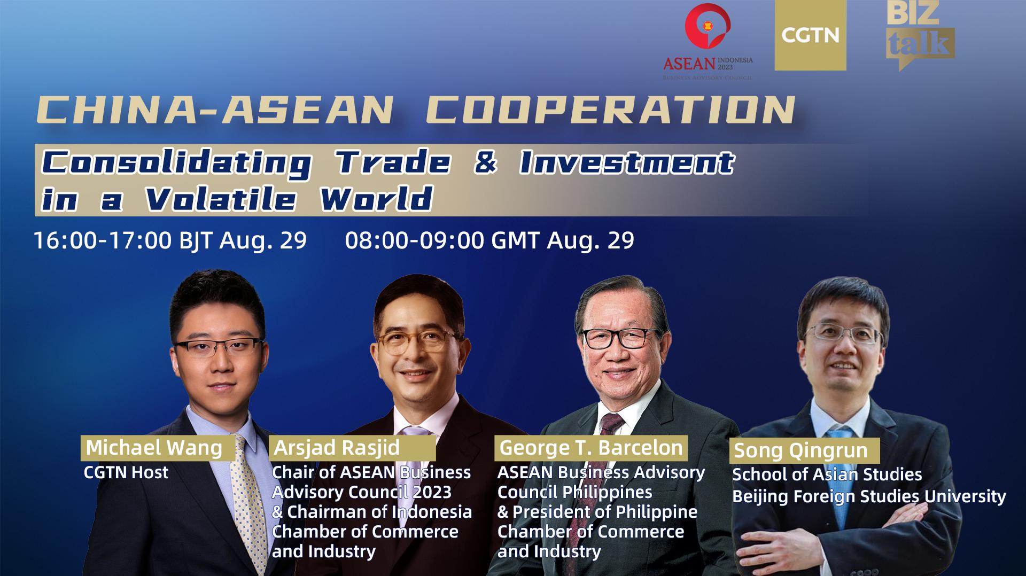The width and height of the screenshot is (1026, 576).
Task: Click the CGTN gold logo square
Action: [x=810, y=35]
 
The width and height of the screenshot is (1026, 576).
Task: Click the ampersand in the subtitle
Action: [x=485, y=162]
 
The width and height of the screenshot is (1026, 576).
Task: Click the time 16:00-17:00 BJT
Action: [x=170, y=240]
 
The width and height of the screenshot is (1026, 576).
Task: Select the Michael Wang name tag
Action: [x=154, y=448]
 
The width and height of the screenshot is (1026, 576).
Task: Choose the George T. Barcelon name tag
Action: [x=591, y=448]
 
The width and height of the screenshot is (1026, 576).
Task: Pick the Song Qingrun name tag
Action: [x=801, y=450]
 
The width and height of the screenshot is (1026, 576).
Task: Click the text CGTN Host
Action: [x=126, y=472]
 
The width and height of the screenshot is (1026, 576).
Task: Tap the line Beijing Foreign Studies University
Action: [x=869, y=496]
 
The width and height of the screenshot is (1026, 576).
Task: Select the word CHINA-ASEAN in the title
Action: [x=214, y=111]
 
